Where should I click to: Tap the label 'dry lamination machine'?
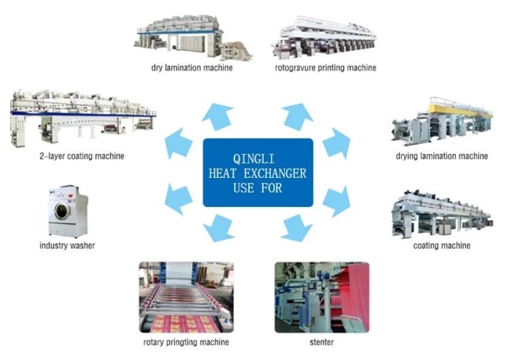(x=192, y=67)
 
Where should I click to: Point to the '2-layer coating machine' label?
(x=81, y=156)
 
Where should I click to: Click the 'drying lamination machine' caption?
(x=442, y=156)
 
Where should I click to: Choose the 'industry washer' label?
(x=67, y=245)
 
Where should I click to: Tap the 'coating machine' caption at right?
(x=442, y=245)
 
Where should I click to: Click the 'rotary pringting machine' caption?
(x=186, y=342)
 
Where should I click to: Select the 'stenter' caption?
(x=321, y=342)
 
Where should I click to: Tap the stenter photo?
(x=321, y=297)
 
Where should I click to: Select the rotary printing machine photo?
(x=186, y=297)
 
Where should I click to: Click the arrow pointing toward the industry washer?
(x=179, y=198)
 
